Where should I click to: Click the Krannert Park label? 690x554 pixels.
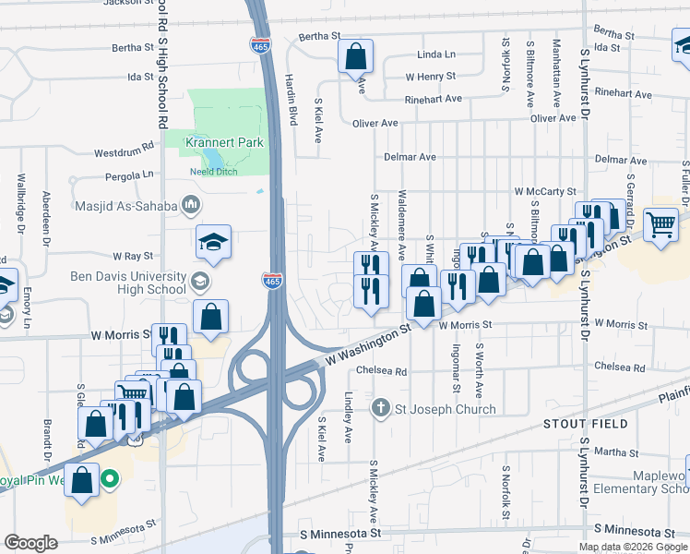(x=224, y=142)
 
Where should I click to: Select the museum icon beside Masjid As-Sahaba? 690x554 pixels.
(x=191, y=204)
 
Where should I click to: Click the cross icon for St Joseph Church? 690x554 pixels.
(x=380, y=408)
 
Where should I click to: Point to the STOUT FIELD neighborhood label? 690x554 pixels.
(x=585, y=424)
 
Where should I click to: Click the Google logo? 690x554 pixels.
(x=30, y=542)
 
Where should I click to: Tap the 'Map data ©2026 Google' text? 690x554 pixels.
(x=633, y=547)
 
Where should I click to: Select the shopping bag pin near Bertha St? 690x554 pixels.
(x=355, y=57)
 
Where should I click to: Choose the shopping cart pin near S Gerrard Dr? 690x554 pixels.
(x=660, y=223)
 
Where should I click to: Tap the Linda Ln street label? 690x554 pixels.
(x=436, y=55)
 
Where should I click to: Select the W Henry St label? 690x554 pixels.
(x=430, y=77)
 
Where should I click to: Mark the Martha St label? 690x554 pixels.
(x=610, y=452)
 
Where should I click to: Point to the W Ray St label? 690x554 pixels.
(x=132, y=256)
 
